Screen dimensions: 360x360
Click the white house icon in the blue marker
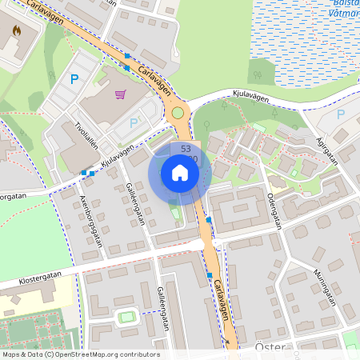point(180,172)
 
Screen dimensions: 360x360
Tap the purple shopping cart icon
point(121,95)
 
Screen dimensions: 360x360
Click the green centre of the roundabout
point(178,113)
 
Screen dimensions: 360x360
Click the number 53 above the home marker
point(186,149)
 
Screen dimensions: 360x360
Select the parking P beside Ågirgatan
point(340,114)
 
